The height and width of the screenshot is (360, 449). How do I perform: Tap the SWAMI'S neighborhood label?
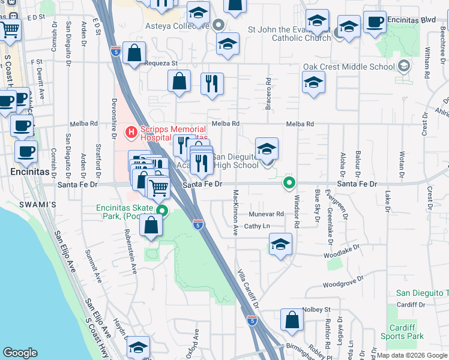tap(40, 205)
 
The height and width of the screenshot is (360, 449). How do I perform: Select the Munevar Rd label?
tap(267, 214)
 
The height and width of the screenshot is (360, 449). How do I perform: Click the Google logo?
tap(20, 353)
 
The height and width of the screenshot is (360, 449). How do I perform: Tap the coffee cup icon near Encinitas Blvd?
tap(375, 22)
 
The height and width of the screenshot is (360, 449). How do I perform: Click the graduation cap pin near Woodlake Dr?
tap(280, 244)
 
